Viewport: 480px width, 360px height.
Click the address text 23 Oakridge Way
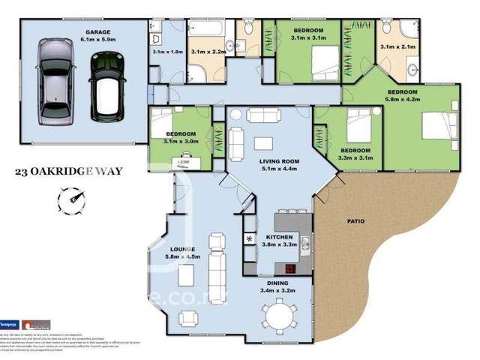pyautogui.click(x=68, y=171)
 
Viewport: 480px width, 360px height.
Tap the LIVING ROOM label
pyautogui.click(x=279, y=161)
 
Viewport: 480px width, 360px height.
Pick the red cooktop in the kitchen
pyautogui.click(x=289, y=270)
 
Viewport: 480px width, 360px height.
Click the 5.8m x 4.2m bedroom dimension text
pyautogui.click(x=401, y=100)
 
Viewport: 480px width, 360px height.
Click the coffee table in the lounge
pyautogui.click(x=186, y=277)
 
